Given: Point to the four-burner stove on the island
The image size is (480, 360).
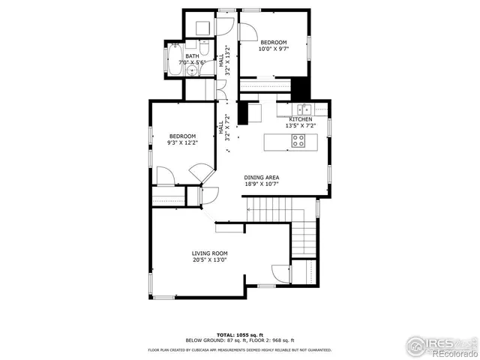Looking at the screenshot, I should [298, 139].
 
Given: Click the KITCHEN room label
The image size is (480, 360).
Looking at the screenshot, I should [301, 119].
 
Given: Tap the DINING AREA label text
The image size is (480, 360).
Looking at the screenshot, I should [261, 177].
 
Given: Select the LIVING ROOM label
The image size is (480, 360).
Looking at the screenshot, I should [209, 253].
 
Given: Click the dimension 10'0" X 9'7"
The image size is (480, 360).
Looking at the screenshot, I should [273, 49].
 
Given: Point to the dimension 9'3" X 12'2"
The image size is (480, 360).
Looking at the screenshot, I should [181, 143].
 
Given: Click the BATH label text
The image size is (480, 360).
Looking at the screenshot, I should [193, 55].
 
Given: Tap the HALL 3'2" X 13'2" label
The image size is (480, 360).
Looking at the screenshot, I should [224, 58].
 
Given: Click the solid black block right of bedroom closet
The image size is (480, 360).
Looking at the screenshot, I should [301, 88].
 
